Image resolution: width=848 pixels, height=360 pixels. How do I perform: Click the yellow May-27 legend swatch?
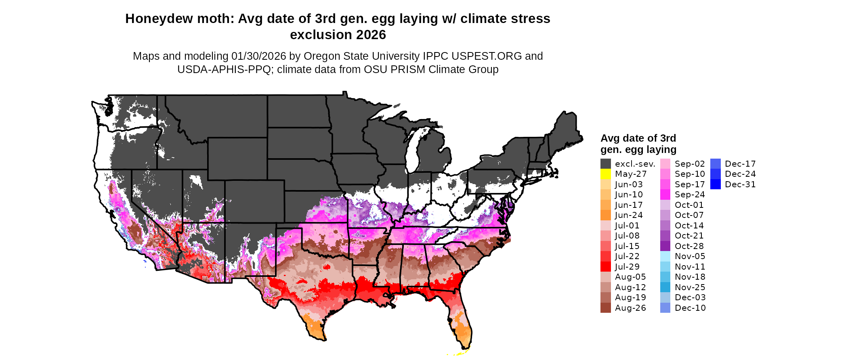605,174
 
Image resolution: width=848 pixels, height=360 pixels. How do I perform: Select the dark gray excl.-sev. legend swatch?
605,164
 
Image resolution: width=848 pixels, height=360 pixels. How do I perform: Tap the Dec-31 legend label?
740,184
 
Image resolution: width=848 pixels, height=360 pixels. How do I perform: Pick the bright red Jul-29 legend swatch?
605,267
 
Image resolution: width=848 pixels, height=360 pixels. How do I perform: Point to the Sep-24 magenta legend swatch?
665,195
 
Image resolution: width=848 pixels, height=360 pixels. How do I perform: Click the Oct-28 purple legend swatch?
665,246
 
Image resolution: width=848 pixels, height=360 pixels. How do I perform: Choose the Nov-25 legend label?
690,287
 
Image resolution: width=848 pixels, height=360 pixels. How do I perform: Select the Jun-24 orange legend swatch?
605,215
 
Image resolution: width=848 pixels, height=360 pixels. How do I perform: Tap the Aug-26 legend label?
630,308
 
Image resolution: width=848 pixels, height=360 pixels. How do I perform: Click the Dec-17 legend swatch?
715,164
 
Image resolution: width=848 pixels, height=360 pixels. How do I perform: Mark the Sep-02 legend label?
690,164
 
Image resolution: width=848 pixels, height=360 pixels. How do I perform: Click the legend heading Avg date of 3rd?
638,138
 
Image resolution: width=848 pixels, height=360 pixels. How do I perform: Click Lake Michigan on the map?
412,153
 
